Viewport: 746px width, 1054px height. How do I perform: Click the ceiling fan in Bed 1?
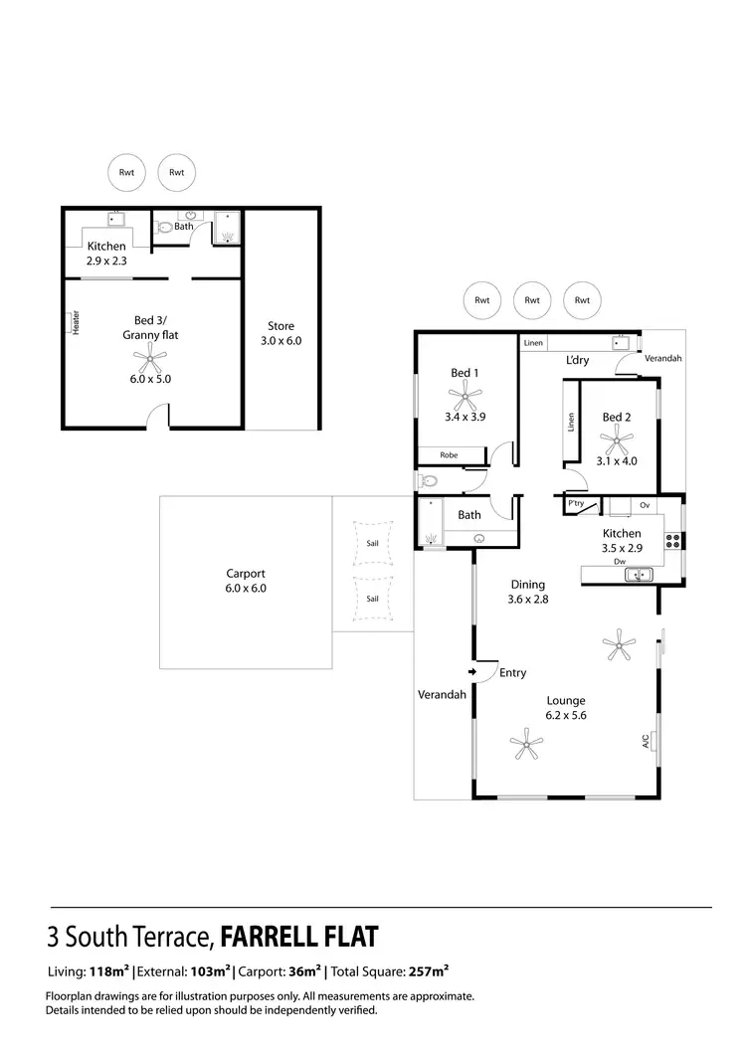tap(465, 399)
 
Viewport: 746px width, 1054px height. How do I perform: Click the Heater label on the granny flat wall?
tap(76, 323)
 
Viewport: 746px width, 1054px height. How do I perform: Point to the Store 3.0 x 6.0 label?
tap(280, 333)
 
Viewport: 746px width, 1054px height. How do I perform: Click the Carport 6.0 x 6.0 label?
tap(245, 581)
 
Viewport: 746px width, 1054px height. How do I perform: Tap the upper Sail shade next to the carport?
tap(372, 544)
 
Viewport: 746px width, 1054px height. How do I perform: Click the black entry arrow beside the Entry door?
tap(471, 672)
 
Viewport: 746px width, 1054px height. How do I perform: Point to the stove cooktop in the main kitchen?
tap(673, 541)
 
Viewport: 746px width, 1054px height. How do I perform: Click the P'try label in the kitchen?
tap(575, 504)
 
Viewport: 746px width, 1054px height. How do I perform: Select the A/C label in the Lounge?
tap(646, 741)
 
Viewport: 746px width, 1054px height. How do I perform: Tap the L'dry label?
tap(577, 360)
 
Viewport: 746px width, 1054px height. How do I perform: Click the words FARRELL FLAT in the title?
tap(298, 936)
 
